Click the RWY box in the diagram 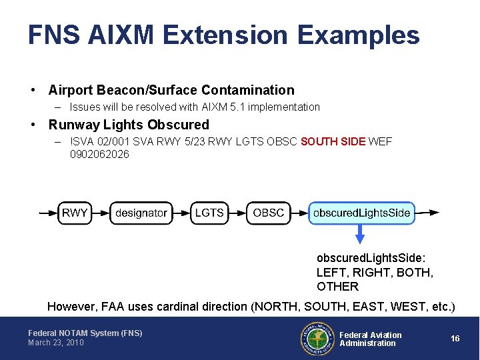(x=75, y=213)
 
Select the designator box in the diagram (x=141, y=213)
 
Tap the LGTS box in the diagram (x=209, y=213)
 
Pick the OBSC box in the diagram (x=269, y=213)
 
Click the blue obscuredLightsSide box (x=361, y=213)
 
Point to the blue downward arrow (x=361, y=235)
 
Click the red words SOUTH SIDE (x=333, y=142)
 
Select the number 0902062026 (x=99, y=155)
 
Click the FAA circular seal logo (x=317, y=339)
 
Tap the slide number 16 (x=455, y=339)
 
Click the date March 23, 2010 (x=56, y=343)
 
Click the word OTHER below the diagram (x=337, y=287)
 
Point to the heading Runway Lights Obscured (x=129, y=125)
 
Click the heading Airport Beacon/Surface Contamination (x=171, y=90)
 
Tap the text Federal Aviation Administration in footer (x=371, y=339)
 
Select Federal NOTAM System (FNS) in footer (x=85, y=333)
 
